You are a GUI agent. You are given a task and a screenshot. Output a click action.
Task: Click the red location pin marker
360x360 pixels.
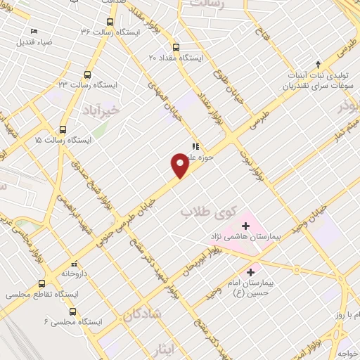(x=179, y=165)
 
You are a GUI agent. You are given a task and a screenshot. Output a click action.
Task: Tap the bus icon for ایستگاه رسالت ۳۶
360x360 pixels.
(x=108, y=22)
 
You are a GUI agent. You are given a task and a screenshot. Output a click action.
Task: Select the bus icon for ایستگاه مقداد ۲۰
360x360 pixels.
(x=176, y=48)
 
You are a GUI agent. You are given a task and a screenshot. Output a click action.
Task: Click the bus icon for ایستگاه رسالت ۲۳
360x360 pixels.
(x=87, y=75)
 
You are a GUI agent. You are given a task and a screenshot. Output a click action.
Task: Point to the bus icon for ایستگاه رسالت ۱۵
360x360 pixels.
(x=63, y=129)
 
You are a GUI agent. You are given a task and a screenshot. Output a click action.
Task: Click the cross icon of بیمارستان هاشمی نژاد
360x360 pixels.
(x=245, y=226)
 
